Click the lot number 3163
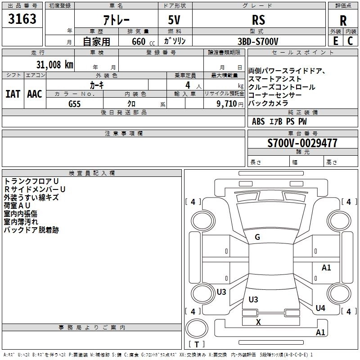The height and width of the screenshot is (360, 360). click(22, 19)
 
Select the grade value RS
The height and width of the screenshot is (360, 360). click(258, 20)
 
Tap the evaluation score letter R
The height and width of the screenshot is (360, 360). click(343, 20)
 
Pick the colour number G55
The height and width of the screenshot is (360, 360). click(75, 103)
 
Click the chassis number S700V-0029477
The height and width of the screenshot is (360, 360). click(302, 143)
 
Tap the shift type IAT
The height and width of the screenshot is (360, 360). click(13, 94)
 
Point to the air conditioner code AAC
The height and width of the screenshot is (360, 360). click(34, 94)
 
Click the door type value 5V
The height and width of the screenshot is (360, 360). click(175, 20)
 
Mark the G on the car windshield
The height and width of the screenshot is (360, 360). click(257, 237)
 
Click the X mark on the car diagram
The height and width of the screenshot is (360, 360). click(258, 322)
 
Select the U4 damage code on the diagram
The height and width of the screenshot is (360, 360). click(320, 308)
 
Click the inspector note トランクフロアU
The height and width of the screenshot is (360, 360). click(31, 181)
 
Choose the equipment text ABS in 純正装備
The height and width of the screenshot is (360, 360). click(258, 121)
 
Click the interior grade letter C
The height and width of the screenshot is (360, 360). click(350, 41)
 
